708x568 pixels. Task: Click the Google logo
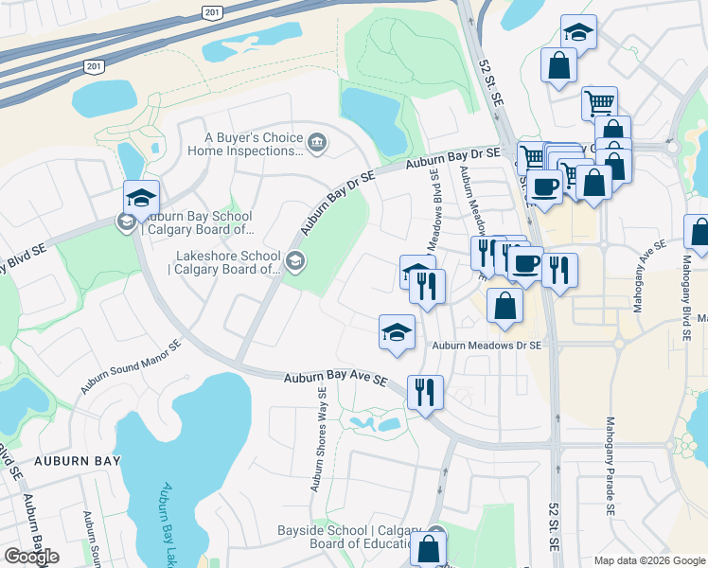31,557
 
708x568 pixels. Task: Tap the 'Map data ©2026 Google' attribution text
649,560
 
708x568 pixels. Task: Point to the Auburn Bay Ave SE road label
336,379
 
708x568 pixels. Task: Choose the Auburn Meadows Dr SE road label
487,346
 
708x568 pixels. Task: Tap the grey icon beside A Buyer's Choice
316,144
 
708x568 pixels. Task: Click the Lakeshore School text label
226,263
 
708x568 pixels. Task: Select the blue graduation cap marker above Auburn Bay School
141,197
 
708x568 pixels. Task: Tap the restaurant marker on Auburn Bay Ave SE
425,390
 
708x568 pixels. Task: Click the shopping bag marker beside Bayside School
429,547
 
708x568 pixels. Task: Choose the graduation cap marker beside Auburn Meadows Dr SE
397,331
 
